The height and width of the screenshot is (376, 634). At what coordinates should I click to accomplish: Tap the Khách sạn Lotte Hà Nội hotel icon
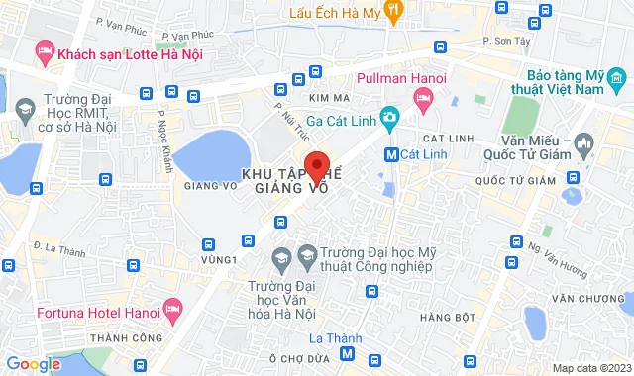[44, 49]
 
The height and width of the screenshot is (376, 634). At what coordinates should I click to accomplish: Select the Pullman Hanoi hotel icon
[424, 97]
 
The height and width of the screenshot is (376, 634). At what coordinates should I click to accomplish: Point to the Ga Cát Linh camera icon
[390, 119]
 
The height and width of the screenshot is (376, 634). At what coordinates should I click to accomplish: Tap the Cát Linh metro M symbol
[391, 154]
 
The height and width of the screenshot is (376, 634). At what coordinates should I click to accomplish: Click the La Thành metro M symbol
[347, 354]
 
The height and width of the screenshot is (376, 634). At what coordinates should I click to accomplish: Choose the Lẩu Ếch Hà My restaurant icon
[393, 11]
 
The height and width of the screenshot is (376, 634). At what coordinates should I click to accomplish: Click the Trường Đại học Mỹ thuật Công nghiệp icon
[307, 256]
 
